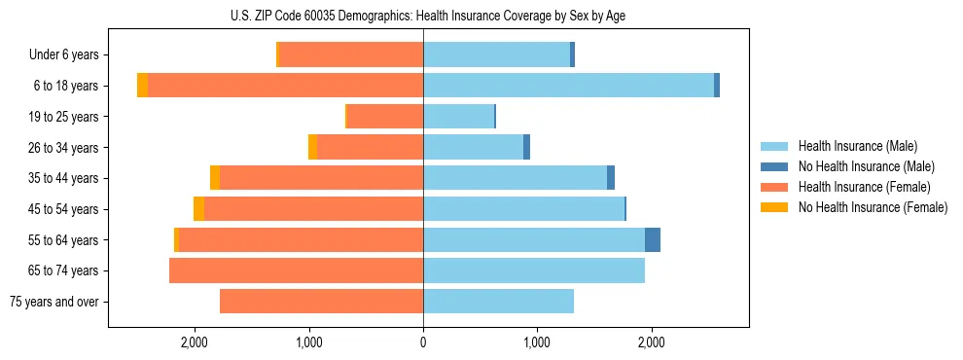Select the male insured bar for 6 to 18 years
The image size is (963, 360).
point(568,86)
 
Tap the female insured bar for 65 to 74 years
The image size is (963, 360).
point(296,270)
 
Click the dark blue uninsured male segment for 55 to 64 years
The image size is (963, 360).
point(653,239)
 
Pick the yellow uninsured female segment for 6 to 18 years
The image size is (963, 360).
point(142,86)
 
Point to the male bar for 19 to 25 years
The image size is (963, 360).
point(458,117)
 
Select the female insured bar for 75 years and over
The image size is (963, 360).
point(321,302)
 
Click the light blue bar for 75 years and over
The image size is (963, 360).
point(498,302)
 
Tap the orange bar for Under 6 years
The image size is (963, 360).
point(351,54)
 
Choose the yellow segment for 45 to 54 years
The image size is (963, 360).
point(198,209)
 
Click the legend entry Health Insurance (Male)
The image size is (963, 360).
point(857,146)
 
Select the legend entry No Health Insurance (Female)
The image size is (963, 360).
point(873,207)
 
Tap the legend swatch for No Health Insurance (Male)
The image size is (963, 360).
point(775,166)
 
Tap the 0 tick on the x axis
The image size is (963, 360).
point(423,342)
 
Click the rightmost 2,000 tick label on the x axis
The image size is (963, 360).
point(651,342)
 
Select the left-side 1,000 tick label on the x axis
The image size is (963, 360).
point(309,342)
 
